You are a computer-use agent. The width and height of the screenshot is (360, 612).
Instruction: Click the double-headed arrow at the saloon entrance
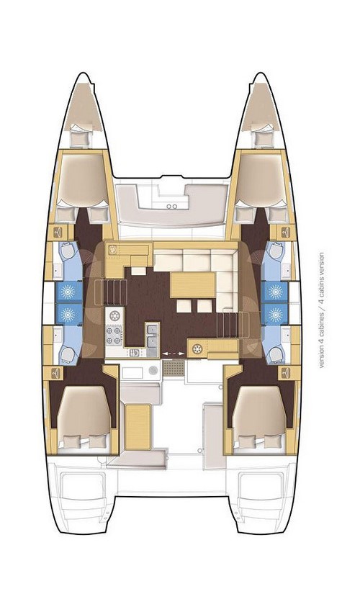click(171, 354)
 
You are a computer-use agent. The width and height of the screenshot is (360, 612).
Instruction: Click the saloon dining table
click(192, 284)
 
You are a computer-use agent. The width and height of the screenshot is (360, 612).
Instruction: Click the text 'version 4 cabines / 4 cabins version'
click(321, 310)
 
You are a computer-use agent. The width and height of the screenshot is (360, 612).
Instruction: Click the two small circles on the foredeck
click(171, 204)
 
